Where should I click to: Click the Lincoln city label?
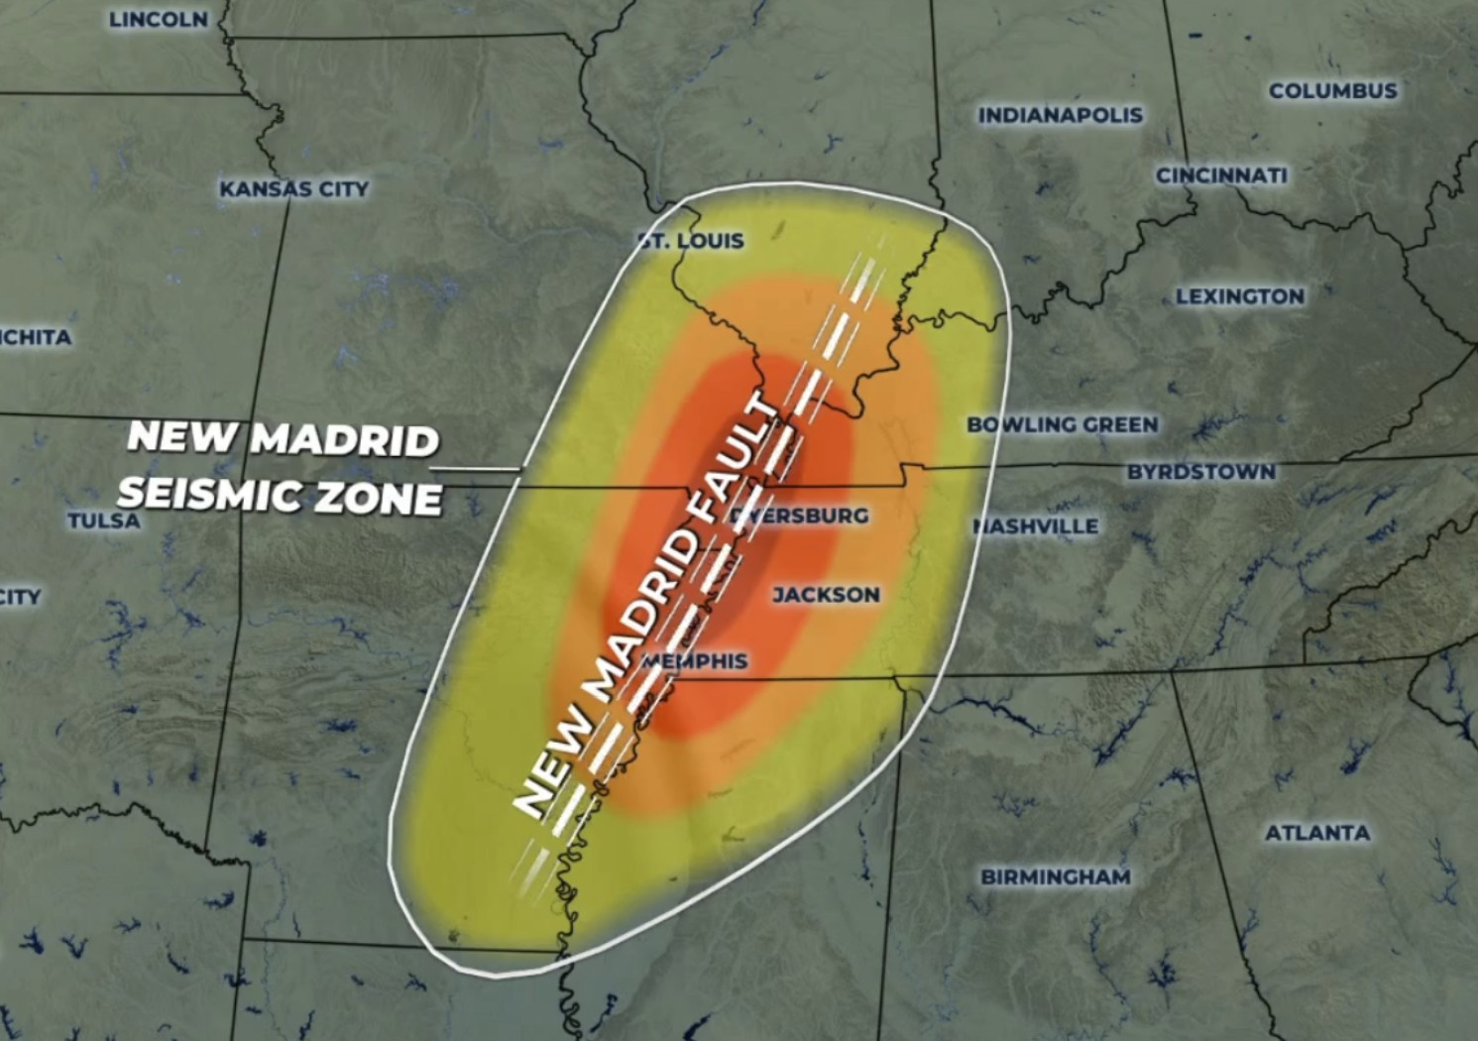tap(159, 20)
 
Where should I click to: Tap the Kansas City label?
tap(293, 188)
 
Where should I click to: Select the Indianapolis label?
tap(1061, 115)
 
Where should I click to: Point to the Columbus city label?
tap(1333, 91)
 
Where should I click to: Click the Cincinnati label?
tap(1221, 175)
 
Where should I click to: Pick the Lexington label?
tap(1240, 296)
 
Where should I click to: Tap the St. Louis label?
tap(692, 241)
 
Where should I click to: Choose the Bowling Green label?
tap(1063, 424)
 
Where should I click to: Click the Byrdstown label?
tap(1200, 472)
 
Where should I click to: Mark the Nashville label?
tap(1037, 526)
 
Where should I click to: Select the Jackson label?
tap(826, 595)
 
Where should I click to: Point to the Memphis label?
tap(696, 661)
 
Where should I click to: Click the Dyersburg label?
tap(801, 516)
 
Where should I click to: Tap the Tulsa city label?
tap(104, 520)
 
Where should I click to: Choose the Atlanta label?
tap(1317, 833)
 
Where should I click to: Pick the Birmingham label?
tap(1056, 876)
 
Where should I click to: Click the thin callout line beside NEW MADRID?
tap(480, 468)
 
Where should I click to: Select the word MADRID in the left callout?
tap(344, 439)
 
